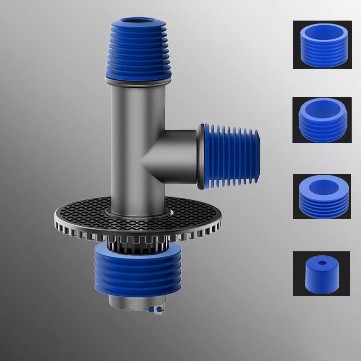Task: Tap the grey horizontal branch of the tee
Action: [177, 155]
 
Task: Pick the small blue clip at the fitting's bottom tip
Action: [158, 309]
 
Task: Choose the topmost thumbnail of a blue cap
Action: [322, 45]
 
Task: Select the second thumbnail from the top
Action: [322, 120]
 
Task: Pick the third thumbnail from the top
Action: [322, 197]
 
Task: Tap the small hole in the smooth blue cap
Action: [321, 263]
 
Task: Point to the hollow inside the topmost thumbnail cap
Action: [322, 35]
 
